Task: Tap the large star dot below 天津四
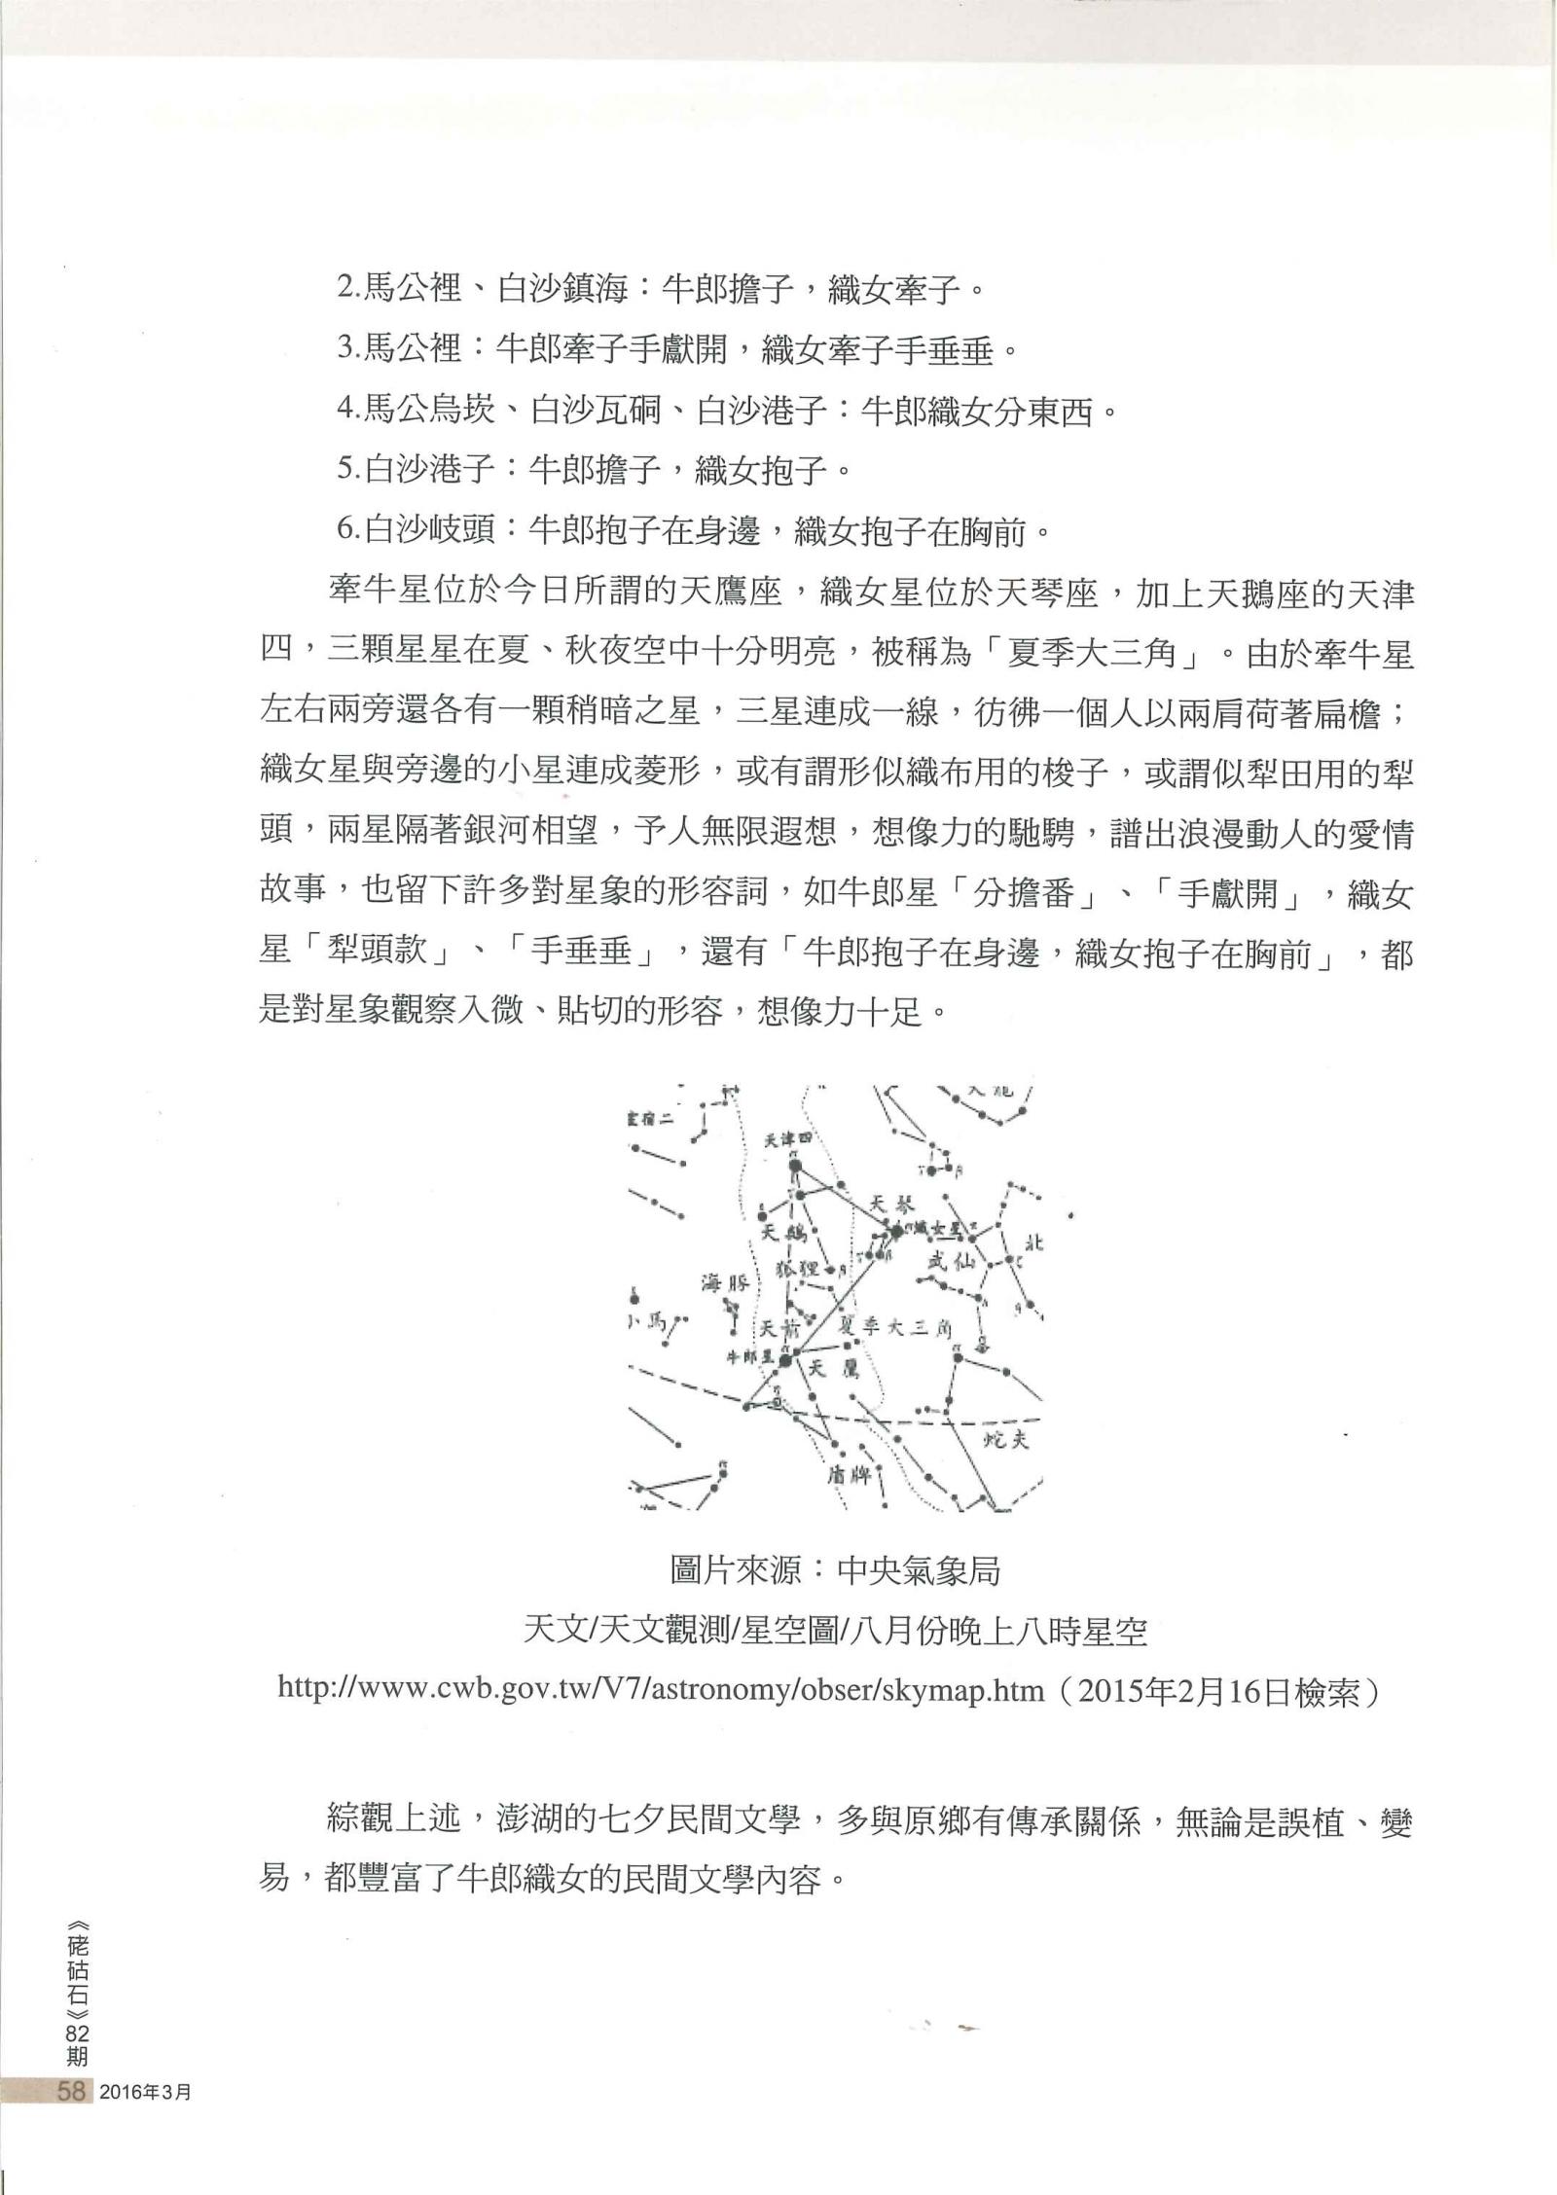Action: [795, 1164]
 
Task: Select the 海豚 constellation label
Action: [724, 1283]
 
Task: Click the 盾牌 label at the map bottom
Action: [848, 1472]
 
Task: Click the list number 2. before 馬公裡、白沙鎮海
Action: [347, 289]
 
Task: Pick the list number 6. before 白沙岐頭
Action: [347, 530]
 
